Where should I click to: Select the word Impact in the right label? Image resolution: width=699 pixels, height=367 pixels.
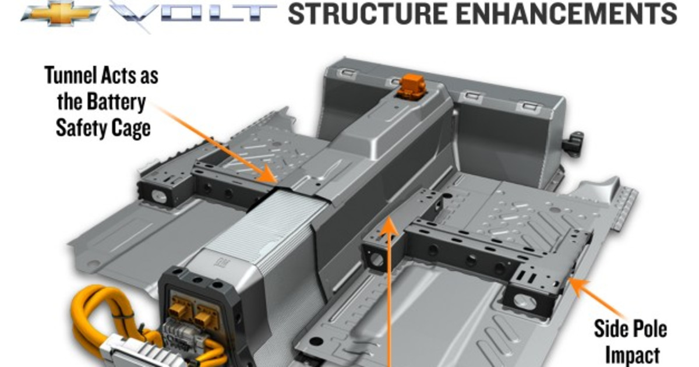[633, 354]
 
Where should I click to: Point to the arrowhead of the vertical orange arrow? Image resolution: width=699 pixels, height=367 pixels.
[389, 224]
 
